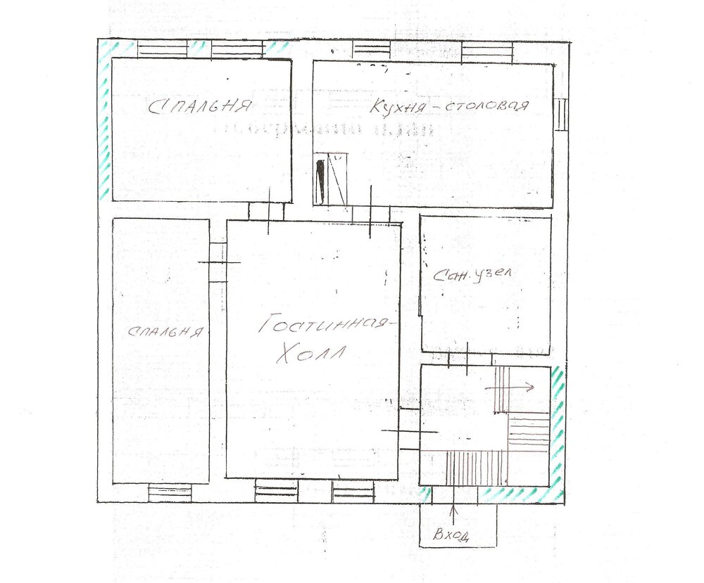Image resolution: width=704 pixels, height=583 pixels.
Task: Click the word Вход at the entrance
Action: pyautogui.click(x=451, y=534)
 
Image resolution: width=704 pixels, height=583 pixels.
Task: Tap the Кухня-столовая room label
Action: pyautogui.click(x=449, y=105)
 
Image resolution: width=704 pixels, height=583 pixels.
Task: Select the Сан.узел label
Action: pyautogui.click(x=472, y=275)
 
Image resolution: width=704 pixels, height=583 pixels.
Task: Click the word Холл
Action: pyautogui.click(x=310, y=353)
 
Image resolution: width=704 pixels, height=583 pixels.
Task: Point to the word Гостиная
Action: pyautogui.click(x=322, y=323)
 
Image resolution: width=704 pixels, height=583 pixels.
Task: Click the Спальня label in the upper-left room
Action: pyautogui.click(x=199, y=106)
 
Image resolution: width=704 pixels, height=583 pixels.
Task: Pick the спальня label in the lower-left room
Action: pyautogui.click(x=165, y=331)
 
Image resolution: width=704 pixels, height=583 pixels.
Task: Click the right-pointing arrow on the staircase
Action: pyautogui.click(x=510, y=386)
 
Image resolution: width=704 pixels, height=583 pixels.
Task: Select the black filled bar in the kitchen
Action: pyautogui.click(x=320, y=181)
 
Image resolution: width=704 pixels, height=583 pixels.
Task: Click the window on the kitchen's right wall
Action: pyautogui.click(x=561, y=115)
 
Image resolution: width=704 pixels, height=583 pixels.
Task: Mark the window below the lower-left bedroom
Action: pyautogui.click(x=170, y=493)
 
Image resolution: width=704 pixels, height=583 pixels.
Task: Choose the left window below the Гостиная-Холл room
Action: pyautogui.click(x=277, y=491)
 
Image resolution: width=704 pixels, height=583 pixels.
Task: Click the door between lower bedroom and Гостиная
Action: pyautogui.click(x=218, y=263)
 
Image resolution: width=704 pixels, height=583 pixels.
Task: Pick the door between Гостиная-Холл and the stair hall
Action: pyautogui.click(x=409, y=430)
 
